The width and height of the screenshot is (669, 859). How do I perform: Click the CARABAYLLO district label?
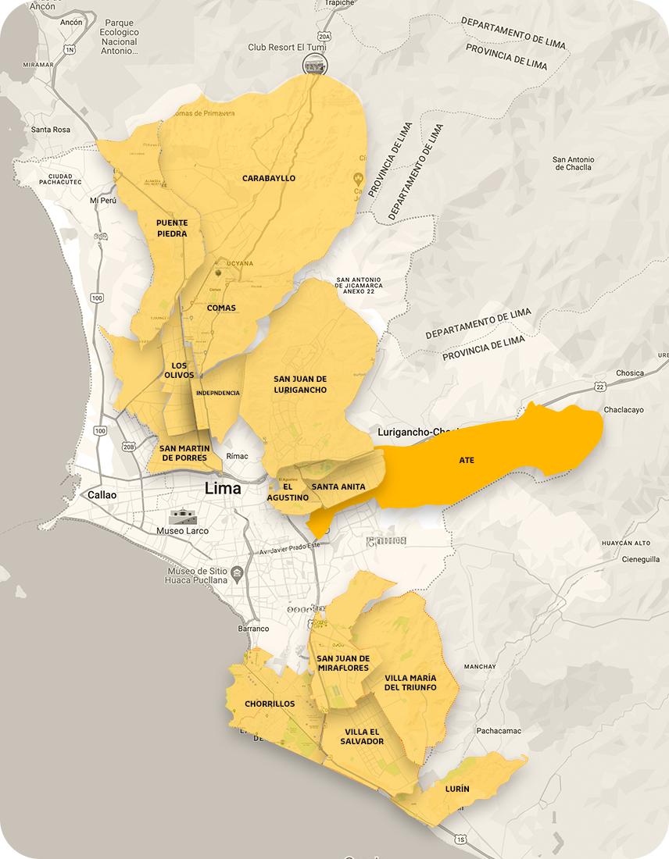tap(269, 178)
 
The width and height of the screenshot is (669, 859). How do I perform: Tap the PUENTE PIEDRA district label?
tap(171, 228)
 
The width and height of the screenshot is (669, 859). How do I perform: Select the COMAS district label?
tap(221, 308)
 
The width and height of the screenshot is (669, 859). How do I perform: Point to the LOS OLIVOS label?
tap(178, 370)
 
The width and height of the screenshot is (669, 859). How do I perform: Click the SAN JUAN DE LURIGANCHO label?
tap(300, 384)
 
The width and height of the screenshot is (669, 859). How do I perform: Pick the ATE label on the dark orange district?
tap(467, 461)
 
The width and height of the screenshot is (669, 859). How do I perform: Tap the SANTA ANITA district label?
tap(338, 487)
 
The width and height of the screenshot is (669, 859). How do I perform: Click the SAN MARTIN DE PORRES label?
tap(184, 453)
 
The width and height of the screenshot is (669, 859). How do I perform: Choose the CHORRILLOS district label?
tap(270, 704)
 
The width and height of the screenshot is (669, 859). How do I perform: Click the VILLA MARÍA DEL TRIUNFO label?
tap(410, 683)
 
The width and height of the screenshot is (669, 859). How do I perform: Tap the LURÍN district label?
tap(458, 789)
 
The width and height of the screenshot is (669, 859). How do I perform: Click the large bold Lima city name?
tap(222, 489)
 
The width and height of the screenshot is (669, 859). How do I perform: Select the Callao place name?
tap(102, 494)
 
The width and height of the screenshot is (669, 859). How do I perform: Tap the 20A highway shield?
tap(326, 36)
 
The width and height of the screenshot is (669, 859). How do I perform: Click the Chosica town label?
tap(629, 373)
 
